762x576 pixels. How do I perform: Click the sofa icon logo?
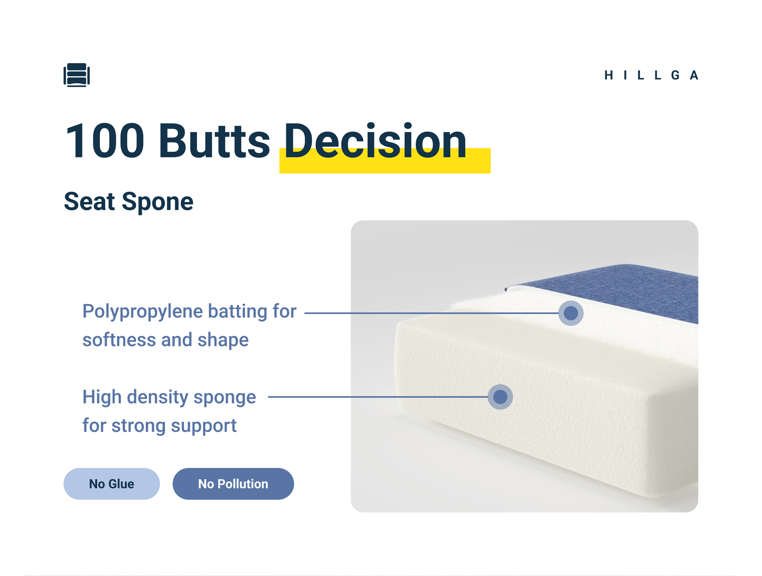coord(77,75)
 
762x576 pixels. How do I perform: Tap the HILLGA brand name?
coord(652,75)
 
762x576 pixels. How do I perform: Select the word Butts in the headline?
coord(215,141)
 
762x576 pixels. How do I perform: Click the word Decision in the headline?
coord(375,141)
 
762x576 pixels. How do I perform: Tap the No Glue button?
coord(112,484)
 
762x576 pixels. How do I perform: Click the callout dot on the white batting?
coord(571,313)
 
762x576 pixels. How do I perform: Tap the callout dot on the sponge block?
coord(500,397)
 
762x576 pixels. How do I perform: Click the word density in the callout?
coord(158,398)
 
